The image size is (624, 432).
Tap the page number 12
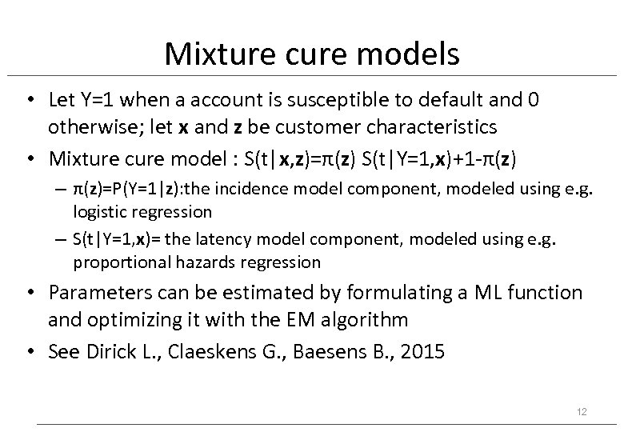[x=582, y=411]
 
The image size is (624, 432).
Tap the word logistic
[x=100, y=211]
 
